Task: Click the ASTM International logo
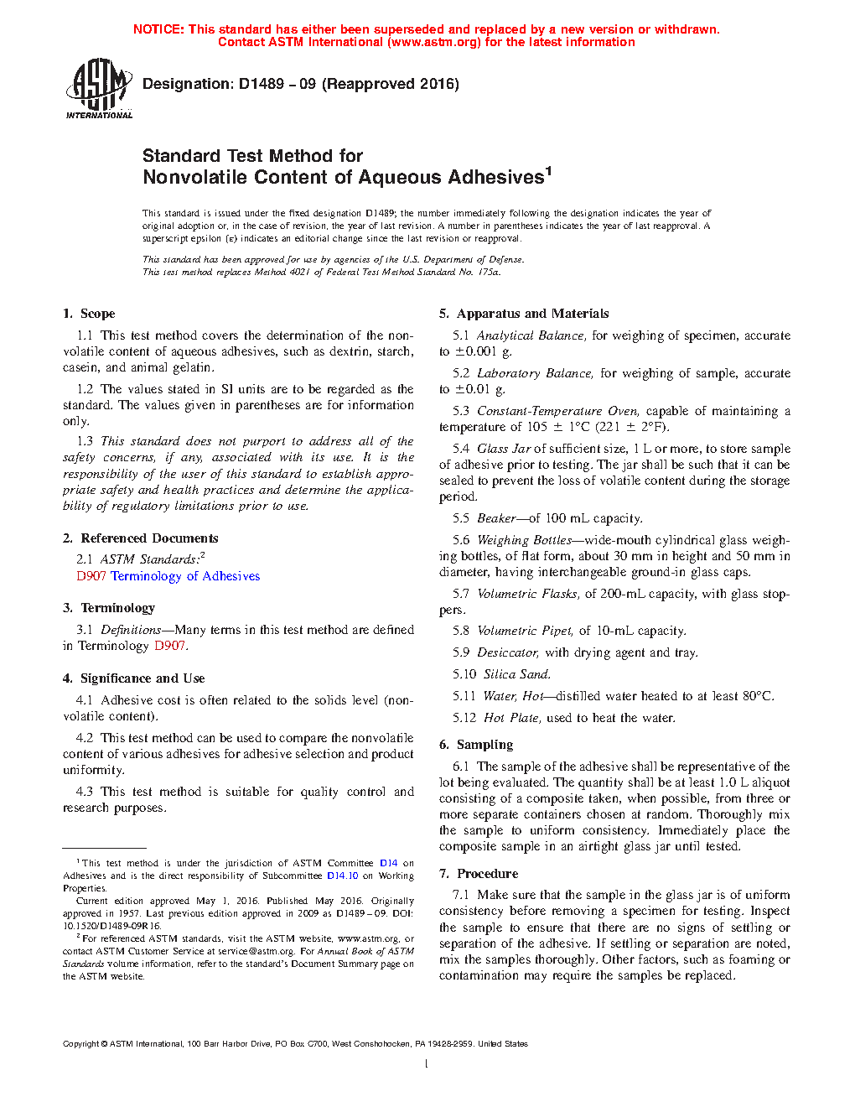[x=99, y=88]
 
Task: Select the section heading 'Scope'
[x=97, y=314]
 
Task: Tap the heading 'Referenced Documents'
[x=149, y=538]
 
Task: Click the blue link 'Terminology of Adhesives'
[x=185, y=576]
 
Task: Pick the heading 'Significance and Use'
[x=142, y=678]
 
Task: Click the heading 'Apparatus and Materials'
[x=532, y=314]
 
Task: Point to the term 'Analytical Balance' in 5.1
[x=531, y=335]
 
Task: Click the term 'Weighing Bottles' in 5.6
[x=524, y=540]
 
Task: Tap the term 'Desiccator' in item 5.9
[x=508, y=652]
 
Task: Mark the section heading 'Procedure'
[x=487, y=874]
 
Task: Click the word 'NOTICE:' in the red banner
[x=158, y=29]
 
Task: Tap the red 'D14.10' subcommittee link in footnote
[x=342, y=876]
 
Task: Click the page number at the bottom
[x=427, y=1064]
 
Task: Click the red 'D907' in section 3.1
[x=169, y=646]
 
